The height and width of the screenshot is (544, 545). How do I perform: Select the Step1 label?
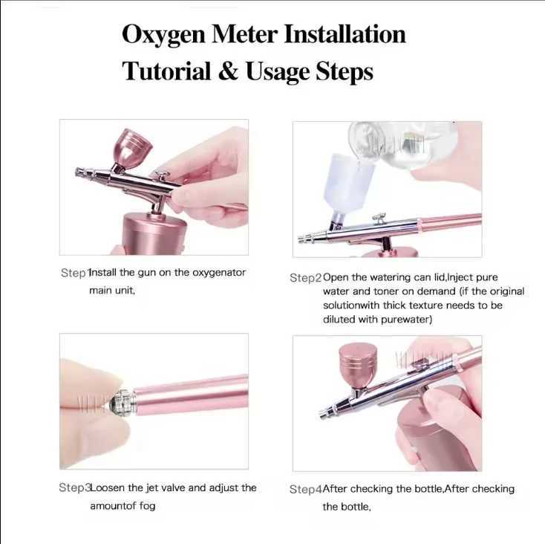tap(74, 273)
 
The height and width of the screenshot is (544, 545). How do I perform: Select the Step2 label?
tap(304, 277)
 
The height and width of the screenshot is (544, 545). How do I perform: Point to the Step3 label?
tap(74, 488)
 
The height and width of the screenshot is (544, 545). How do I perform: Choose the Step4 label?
tap(304, 490)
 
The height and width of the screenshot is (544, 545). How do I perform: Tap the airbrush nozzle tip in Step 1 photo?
tap(79, 172)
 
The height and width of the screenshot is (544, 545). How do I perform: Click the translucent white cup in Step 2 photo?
tap(349, 181)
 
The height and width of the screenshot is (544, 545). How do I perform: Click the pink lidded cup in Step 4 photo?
tap(358, 366)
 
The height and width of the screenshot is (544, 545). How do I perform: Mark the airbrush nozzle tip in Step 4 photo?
tap(324, 414)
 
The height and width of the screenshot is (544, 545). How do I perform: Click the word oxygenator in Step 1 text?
tap(219, 273)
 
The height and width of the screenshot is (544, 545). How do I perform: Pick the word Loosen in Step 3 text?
tap(108, 488)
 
